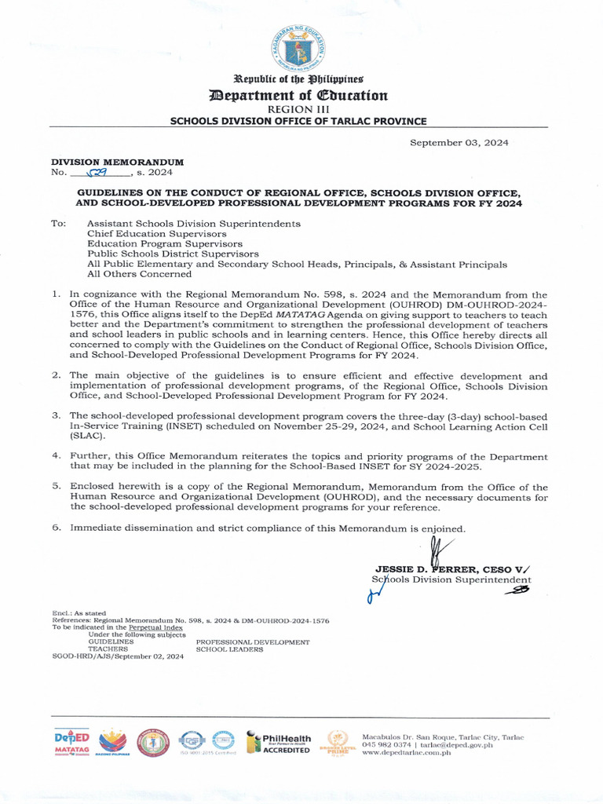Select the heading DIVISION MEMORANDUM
(x=117, y=162)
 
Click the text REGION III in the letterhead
(x=298, y=109)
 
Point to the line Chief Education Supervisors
(x=156, y=234)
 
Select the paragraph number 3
(x=56, y=415)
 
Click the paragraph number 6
(x=56, y=528)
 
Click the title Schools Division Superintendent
(x=451, y=580)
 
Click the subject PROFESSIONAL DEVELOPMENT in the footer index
(x=253, y=642)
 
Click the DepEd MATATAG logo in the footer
(x=72, y=743)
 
